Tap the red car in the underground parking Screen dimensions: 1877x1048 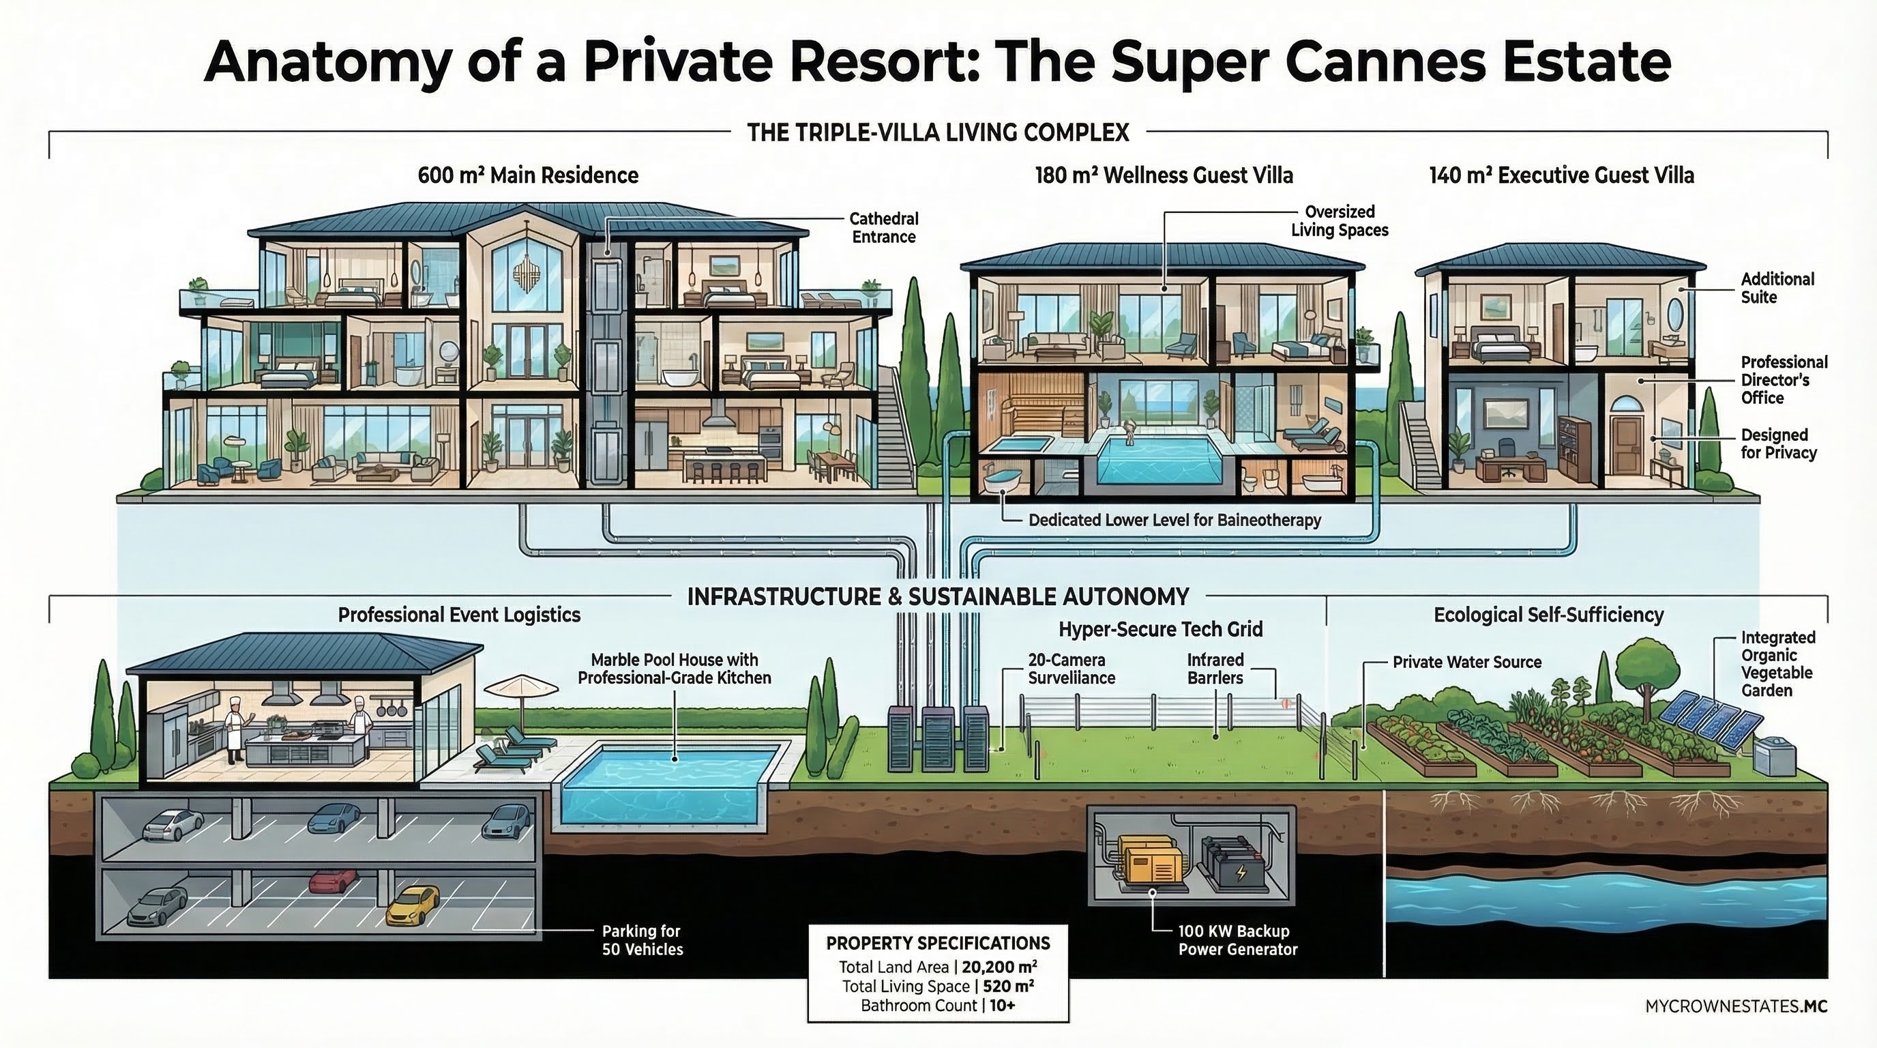pos(333,880)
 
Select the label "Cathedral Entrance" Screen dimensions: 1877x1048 pos(883,227)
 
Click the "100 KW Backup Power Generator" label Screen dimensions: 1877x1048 pos(1237,940)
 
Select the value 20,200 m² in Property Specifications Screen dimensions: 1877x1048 pos(999,967)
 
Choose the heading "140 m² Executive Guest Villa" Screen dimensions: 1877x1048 pos(1561,175)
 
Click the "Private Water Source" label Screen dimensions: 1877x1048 pos(1467,662)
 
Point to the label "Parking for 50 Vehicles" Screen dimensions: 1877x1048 pos(642,940)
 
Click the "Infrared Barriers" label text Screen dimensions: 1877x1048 pos(1215,668)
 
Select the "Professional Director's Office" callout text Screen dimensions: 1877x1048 pos(1784,380)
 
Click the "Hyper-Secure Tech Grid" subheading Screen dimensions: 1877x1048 pos(1160,630)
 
